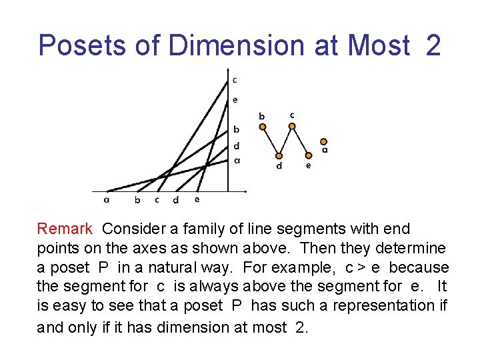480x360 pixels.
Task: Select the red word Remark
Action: (x=65, y=229)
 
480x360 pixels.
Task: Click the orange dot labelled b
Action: (x=262, y=127)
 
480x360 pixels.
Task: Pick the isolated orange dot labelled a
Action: (x=323, y=141)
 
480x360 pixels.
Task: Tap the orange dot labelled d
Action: (x=279, y=156)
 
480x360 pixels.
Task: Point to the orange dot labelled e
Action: (x=307, y=156)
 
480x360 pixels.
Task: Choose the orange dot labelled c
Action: (x=292, y=125)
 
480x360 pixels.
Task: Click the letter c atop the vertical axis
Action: (x=235, y=80)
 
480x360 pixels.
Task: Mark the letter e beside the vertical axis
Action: (x=235, y=100)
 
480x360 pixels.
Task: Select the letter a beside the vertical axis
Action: (x=237, y=160)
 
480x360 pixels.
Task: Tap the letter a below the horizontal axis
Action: (x=107, y=199)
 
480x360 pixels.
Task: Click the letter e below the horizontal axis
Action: (x=197, y=199)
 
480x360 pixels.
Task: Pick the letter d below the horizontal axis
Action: (x=175, y=199)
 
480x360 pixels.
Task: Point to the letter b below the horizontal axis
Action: (x=137, y=199)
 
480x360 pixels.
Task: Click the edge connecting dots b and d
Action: (x=270, y=141)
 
